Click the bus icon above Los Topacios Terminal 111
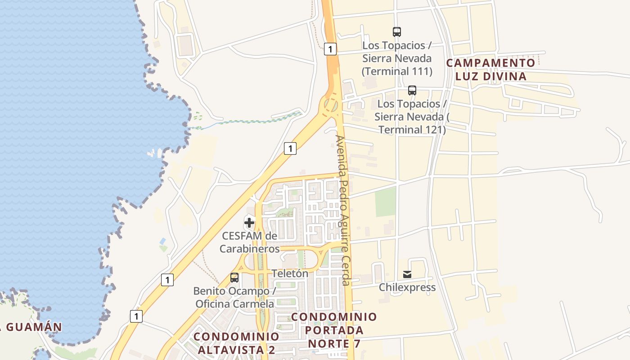tap(396, 32)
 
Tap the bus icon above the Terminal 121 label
tap(412, 90)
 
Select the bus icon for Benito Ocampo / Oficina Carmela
tap(234, 278)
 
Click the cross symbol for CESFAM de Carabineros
tap(249, 222)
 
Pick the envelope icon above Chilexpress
tap(407, 274)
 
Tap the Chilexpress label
tap(407, 287)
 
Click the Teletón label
tap(290, 273)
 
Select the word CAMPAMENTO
tap(490, 63)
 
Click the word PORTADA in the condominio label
tap(334, 330)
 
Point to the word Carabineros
tap(249, 249)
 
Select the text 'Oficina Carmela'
tap(234, 304)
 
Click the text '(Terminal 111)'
tap(396, 71)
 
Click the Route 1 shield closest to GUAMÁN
tap(136, 316)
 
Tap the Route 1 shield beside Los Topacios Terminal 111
tap(330, 49)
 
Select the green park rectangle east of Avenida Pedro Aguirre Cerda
tap(386, 202)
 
